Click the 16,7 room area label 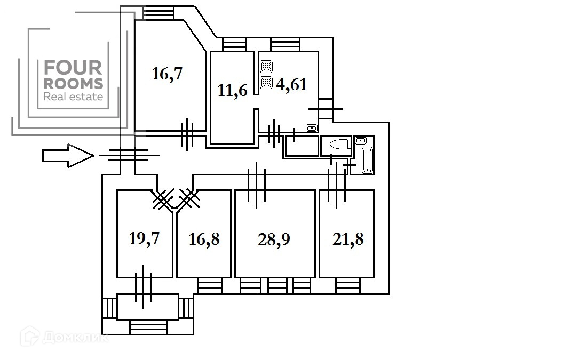click(x=167, y=74)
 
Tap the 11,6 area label click(x=233, y=90)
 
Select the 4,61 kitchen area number click(x=291, y=85)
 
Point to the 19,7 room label click(x=144, y=238)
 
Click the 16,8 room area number click(x=204, y=239)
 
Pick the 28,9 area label click(x=274, y=239)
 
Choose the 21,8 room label click(x=348, y=239)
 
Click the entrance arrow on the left click(x=68, y=155)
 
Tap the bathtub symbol click(x=368, y=161)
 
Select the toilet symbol click(x=340, y=144)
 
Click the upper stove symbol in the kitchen click(x=266, y=67)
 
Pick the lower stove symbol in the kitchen click(x=266, y=82)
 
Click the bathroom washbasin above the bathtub click(x=361, y=141)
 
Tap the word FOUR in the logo click(x=73, y=68)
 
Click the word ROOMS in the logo click(x=74, y=84)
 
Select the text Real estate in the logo click(x=74, y=97)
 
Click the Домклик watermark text click(x=76, y=338)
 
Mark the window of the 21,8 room click(x=348, y=286)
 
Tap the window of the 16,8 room click(x=210, y=286)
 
